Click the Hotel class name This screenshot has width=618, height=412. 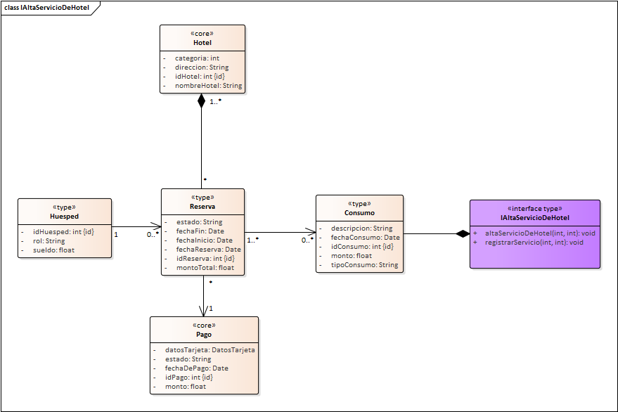pos(202,43)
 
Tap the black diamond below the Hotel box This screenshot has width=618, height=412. pos(202,101)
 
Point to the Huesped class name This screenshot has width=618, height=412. pos(64,217)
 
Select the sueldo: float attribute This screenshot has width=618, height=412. pos(53,250)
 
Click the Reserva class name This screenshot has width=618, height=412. pos(202,207)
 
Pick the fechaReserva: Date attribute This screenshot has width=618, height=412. pos(208,249)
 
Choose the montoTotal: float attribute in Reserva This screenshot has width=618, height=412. pos(205,267)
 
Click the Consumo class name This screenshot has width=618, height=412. pos(359,213)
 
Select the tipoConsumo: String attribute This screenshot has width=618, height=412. pos(364,265)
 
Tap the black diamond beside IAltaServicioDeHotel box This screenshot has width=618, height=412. pos(462,234)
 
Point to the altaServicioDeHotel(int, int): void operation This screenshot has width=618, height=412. pos(540,233)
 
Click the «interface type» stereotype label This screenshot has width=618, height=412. pos(535,209)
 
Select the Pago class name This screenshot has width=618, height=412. pos(204,335)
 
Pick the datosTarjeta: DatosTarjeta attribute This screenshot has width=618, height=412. pos(210,349)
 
